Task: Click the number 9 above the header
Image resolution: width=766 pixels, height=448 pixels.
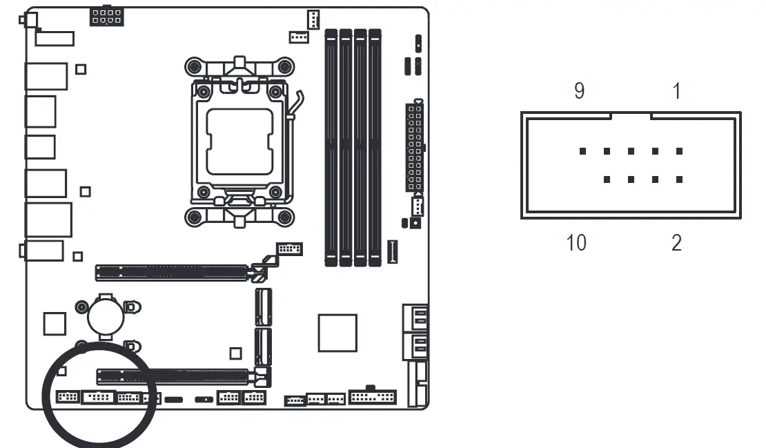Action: point(579,91)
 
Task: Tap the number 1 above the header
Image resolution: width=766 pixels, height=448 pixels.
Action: point(676,91)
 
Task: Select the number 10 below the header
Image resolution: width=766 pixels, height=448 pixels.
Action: point(576,243)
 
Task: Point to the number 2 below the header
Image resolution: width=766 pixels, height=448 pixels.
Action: point(676,243)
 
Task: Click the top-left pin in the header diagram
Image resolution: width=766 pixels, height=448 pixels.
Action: point(582,151)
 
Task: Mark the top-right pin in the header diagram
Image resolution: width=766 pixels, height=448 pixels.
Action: point(679,151)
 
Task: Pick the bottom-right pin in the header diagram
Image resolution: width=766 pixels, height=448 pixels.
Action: point(679,179)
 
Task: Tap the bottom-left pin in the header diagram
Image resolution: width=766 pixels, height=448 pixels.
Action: point(607,179)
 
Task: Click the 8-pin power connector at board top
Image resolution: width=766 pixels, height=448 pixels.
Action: point(107,17)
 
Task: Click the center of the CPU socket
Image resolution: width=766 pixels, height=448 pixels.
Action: point(239,141)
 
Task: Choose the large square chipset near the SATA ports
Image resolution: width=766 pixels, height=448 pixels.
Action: point(337,333)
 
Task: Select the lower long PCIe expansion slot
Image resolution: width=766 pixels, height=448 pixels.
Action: point(173,377)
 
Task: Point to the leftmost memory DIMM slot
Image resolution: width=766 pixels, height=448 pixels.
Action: point(331,147)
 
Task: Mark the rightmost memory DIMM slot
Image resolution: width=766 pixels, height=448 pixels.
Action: point(375,147)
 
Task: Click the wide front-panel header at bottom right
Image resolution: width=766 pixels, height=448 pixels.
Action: point(373,397)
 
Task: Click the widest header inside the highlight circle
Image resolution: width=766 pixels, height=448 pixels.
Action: point(97,397)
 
